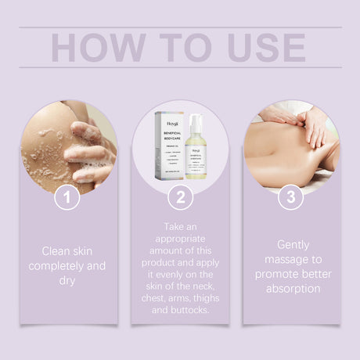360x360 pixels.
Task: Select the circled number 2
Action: tap(180, 197)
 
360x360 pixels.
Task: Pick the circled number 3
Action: tap(290, 197)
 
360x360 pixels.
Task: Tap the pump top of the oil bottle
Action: tap(196, 120)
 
